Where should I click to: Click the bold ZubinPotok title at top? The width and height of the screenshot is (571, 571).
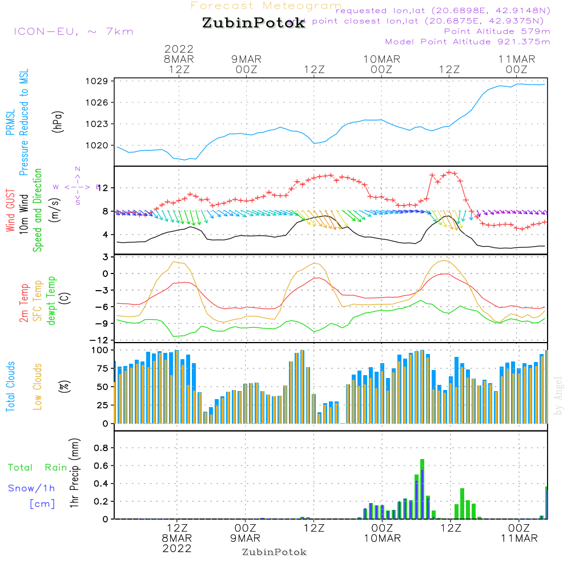(x=254, y=24)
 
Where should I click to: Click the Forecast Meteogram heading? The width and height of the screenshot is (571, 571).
(x=266, y=6)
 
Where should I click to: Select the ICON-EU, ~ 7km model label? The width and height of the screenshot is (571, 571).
(x=73, y=31)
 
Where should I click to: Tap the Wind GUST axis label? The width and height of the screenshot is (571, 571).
(x=10, y=211)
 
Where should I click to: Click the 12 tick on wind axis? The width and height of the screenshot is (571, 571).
(x=104, y=188)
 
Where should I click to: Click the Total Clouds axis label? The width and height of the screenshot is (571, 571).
(x=10, y=387)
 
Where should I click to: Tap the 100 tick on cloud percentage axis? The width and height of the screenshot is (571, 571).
(x=100, y=349)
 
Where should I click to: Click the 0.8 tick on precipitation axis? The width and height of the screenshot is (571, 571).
(x=101, y=448)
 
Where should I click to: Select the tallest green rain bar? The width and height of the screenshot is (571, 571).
(x=422, y=489)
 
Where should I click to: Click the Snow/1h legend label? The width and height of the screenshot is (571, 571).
(x=32, y=488)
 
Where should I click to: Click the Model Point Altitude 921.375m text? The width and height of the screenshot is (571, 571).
(x=468, y=42)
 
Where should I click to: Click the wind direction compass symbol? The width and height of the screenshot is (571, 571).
(x=78, y=186)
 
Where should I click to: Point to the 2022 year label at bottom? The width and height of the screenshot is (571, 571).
(x=177, y=548)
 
